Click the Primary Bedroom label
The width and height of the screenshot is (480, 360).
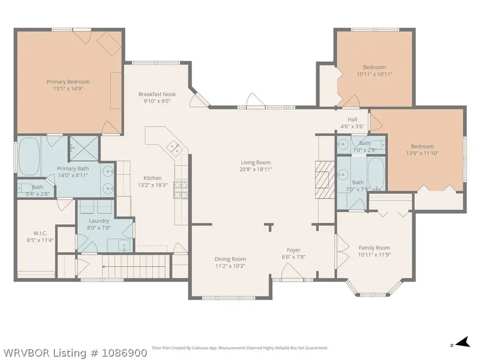(x=68, y=82)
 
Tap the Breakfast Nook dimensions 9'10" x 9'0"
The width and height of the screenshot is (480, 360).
(x=157, y=101)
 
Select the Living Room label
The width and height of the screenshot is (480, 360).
(x=255, y=162)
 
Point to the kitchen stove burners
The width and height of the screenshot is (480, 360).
(x=180, y=190)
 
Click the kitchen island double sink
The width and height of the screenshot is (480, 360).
(x=175, y=148)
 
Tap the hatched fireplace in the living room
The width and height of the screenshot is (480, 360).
(x=325, y=180)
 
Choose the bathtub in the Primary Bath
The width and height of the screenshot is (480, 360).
(x=29, y=156)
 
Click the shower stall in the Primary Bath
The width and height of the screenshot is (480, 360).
(x=84, y=148)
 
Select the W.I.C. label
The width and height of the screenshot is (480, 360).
(x=40, y=233)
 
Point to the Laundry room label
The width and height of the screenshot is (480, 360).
(x=99, y=221)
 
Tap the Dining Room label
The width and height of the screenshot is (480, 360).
(x=230, y=259)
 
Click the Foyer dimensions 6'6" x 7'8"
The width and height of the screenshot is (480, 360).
(x=294, y=257)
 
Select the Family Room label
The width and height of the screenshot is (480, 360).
(x=374, y=248)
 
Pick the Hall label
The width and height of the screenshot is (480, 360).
(x=353, y=119)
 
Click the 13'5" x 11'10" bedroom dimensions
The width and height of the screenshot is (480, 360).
(x=422, y=153)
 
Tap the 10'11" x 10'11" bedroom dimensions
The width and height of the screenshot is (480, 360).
(x=374, y=74)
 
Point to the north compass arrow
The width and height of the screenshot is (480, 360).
(x=464, y=341)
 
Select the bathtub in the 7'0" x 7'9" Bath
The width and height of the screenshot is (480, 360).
(x=376, y=173)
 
